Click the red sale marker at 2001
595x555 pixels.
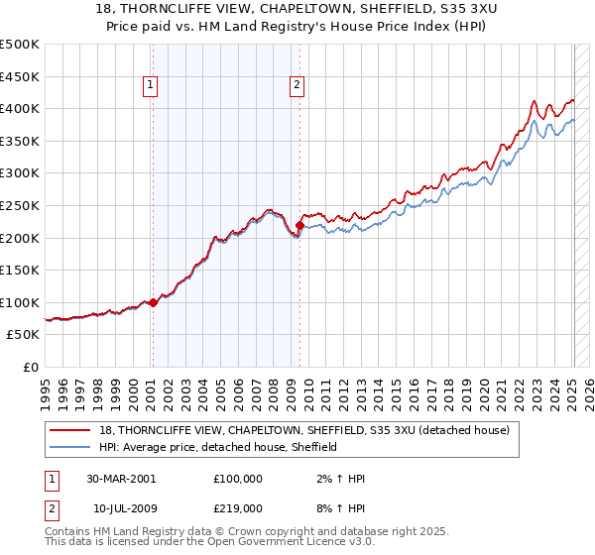(x=153, y=302)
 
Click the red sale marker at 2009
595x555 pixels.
(x=299, y=226)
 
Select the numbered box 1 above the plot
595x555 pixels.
(x=150, y=86)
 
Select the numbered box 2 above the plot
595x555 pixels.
(x=297, y=86)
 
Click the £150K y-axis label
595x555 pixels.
(x=20, y=270)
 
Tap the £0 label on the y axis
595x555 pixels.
(x=30, y=367)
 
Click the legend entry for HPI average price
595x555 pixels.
(x=218, y=447)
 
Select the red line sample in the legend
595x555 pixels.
(x=71, y=430)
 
